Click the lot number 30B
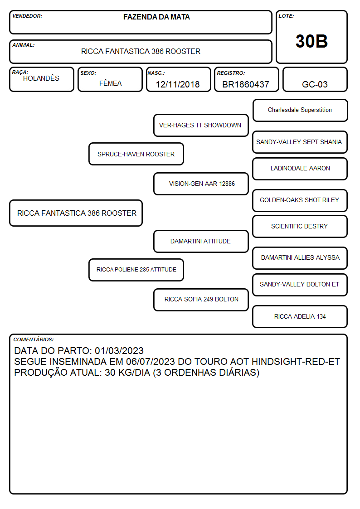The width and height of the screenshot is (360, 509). coord(311,41)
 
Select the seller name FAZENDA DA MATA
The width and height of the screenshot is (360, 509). coord(156,17)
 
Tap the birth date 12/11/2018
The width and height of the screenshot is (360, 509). coord(178,84)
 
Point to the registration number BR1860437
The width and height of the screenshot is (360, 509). coord(245,84)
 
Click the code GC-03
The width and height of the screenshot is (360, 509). coord(315,84)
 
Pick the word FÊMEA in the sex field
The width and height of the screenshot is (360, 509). coord(110,83)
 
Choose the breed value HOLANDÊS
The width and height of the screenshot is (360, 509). coord(41,78)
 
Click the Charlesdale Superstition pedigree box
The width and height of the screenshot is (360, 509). coord(300,111)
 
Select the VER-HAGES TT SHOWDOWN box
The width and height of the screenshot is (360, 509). coord(201,125)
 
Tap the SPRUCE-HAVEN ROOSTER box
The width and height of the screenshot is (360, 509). coord(136,154)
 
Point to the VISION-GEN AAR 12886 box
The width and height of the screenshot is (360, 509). coord(201,184)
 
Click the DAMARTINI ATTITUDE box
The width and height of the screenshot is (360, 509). coord(201,241)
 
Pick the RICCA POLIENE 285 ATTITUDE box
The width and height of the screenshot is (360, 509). coord(136,270)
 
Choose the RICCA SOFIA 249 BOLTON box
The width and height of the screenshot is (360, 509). coord(201,300)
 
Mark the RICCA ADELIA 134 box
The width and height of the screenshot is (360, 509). coord(300,316)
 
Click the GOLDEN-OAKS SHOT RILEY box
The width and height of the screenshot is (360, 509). coord(300,200)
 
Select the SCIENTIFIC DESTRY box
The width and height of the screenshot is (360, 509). coord(300,226)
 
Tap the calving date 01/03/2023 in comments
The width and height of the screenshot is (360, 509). coord(119,350)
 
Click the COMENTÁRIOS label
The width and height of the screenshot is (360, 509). coord(34,339)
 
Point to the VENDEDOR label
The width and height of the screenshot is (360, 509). coord(27,16)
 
